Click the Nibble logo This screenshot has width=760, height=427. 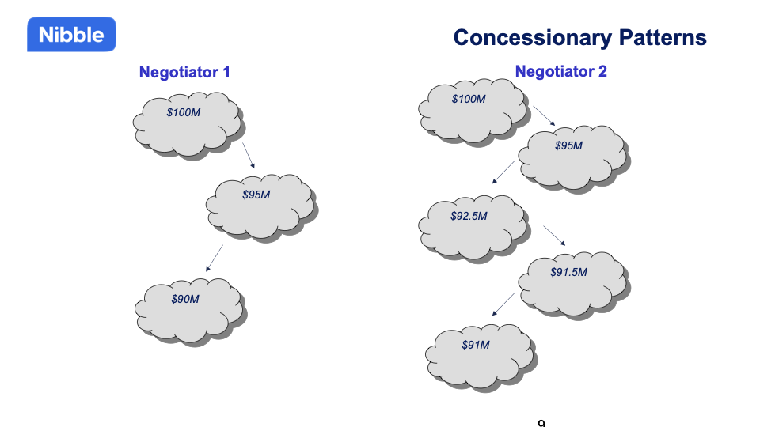71,36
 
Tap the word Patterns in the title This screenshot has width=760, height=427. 659,37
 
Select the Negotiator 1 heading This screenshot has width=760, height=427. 184,72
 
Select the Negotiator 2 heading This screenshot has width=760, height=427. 560,71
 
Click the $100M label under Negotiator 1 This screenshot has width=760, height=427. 183,113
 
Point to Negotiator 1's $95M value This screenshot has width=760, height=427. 256,195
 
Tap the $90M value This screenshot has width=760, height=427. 185,299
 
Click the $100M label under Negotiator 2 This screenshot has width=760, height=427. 469,99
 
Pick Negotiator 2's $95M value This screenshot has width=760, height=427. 568,146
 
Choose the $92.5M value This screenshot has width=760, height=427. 469,216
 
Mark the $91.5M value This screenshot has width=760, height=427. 568,272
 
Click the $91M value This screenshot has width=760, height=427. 476,345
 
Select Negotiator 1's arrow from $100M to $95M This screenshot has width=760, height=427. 248,155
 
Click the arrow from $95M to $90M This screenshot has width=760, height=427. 214,259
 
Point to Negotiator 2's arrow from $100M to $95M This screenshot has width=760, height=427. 544,115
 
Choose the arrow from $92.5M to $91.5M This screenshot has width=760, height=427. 553,236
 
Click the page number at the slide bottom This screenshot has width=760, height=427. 541,424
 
